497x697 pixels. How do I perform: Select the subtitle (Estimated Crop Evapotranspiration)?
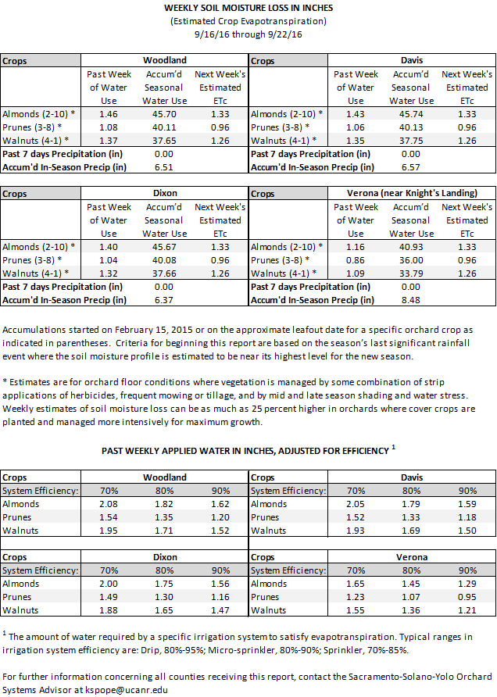click(248, 21)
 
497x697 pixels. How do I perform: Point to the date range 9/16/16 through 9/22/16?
click(248, 34)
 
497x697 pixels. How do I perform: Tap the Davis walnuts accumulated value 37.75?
click(412, 141)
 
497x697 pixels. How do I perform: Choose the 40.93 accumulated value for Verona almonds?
click(412, 246)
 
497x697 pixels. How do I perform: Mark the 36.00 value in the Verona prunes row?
click(412, 259)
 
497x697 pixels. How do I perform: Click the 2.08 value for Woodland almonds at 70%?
click(111, 504)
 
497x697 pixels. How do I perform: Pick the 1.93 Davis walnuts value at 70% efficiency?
click(356, 531)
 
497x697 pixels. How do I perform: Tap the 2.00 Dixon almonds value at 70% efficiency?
click(111, 584)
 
